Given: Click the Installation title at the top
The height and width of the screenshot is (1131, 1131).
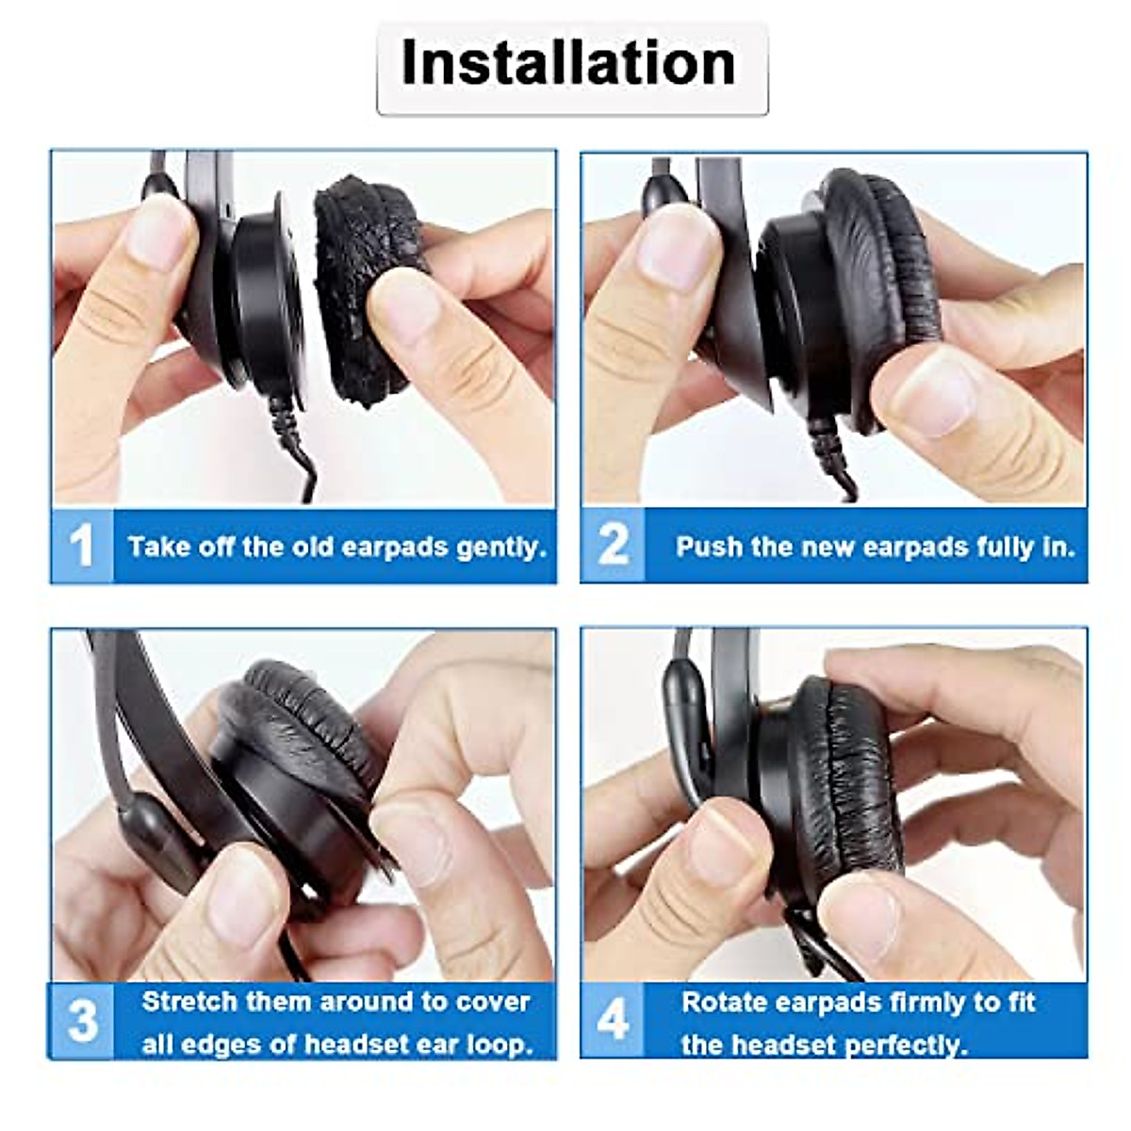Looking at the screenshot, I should [568, 63].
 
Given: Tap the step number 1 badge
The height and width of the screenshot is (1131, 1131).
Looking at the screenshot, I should [82, 547].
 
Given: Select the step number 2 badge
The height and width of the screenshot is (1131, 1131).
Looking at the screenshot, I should [613, 546].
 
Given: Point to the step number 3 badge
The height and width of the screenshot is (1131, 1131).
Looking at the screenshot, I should [82, 1021].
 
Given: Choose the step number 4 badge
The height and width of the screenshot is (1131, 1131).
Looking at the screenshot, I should [613, 1021].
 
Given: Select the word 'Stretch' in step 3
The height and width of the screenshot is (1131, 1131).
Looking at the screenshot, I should [189, 1001].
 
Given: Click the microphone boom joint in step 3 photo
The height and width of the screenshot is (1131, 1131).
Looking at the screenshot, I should [151, 829].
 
